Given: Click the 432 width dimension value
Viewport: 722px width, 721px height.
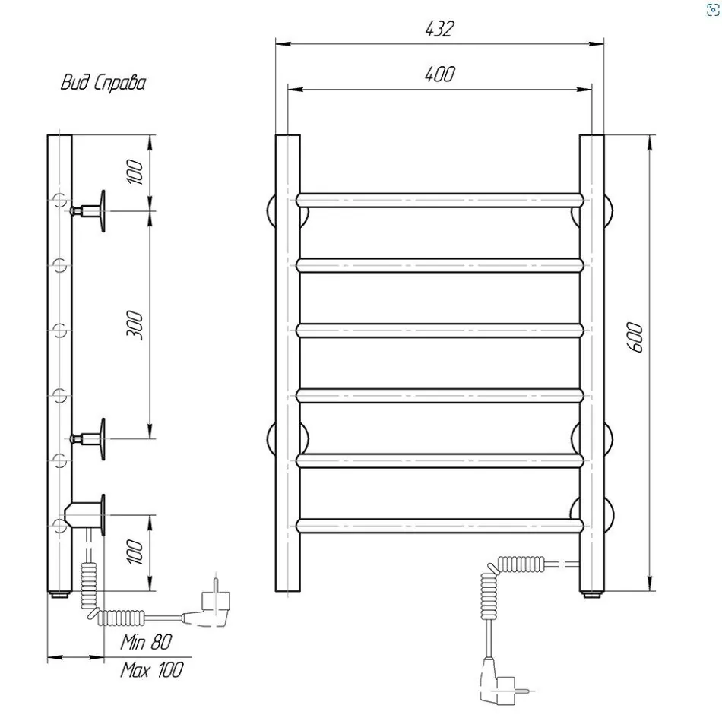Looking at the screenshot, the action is tap(440, 29).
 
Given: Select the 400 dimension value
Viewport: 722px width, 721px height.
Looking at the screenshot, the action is tap(440, 74).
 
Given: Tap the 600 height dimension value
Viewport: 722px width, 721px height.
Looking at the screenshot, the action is tap(635, 337).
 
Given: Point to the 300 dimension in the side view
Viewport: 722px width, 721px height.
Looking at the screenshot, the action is tap(135, 325).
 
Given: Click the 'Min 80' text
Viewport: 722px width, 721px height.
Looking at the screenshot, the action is tap(147, 642).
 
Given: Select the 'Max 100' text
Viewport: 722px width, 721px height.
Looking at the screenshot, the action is tap(152, 669).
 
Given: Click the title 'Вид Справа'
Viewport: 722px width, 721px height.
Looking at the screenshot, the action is tap(103, 83).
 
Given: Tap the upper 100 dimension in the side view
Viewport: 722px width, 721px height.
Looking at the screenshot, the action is tap(135, 172).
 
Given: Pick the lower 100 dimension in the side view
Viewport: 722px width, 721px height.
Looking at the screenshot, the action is tap(135, 552).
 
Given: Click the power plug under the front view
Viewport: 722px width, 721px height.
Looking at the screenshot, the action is tap(501, 687).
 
